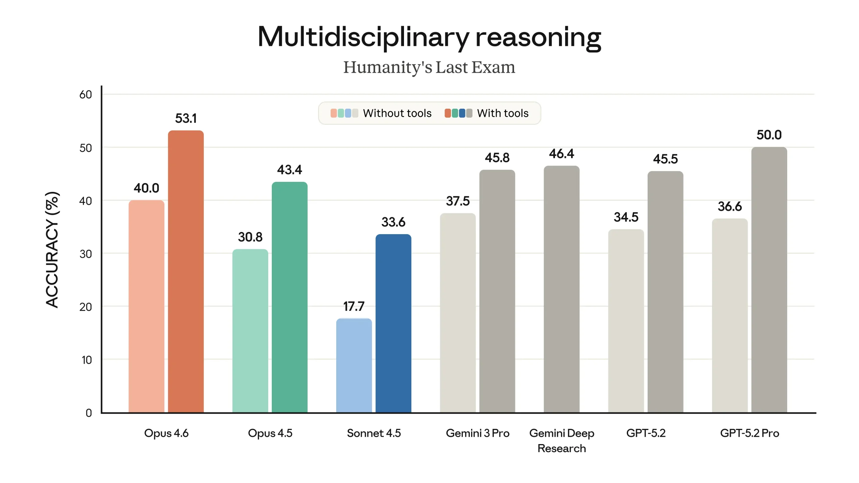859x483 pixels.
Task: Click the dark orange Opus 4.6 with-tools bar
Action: [186, 272]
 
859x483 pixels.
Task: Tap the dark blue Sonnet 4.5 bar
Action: [393, 323]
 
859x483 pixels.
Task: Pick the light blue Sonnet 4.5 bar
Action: [354, 365]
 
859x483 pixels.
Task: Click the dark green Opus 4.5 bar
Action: [290, 297]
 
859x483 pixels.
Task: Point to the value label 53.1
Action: [186, 118]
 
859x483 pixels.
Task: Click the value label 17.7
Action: [354, 306]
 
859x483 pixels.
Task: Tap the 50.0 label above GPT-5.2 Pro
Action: [769, 135]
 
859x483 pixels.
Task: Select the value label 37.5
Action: [458, 201]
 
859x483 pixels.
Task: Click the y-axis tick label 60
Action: [86, 95]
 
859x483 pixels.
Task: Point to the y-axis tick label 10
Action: [87, 360]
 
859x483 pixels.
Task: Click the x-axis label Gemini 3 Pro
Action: [477, 433]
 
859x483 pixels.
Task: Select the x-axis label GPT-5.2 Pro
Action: [749, 433]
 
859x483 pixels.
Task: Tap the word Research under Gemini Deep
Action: [561, 448]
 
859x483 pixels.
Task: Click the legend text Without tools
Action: [397, 113]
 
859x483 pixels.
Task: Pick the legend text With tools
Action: [503, 113]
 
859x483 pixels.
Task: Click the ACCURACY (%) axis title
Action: [52, 250]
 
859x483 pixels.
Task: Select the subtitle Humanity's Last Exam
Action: [429, 67]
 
